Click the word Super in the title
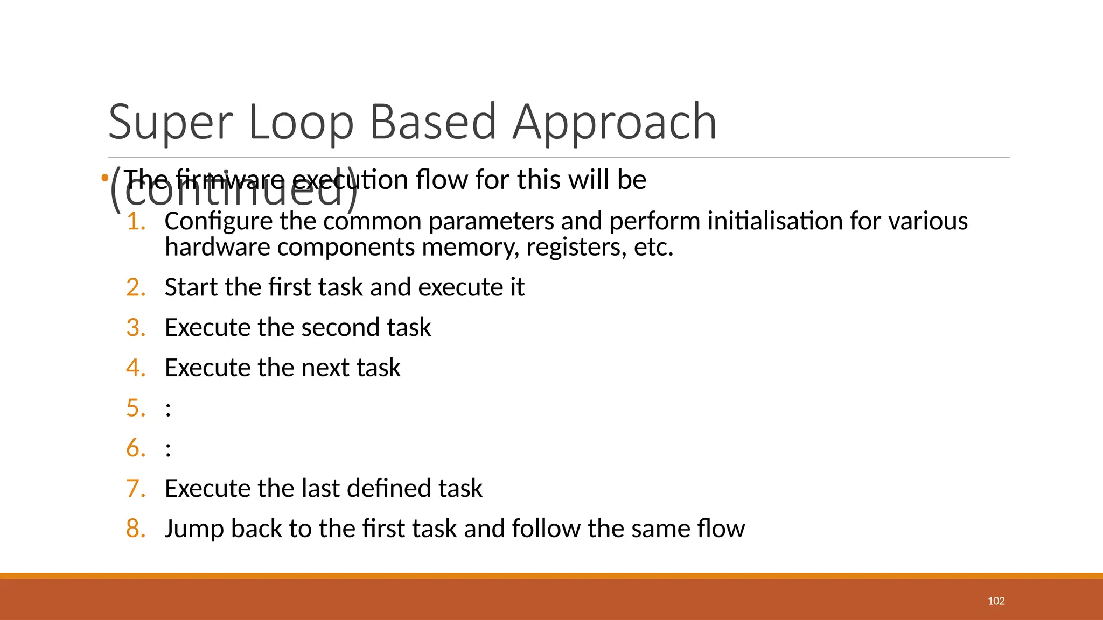pyautogui.click(x=170, y=123)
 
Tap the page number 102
pyautogui.click(x=996, y=601)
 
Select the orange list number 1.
pyautogui.click(x=136, y=221)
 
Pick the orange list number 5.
pyautogui.click(x=136, y=408)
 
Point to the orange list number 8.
pyautogui.click(x=136, y=529)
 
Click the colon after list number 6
pyautogui.click(x=169, y=449)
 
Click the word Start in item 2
pyautogui.click(x=191, y=287)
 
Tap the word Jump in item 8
pyautogui.click(x=194, y=529)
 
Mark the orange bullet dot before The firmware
pyautogui.click(x=104, y=178)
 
